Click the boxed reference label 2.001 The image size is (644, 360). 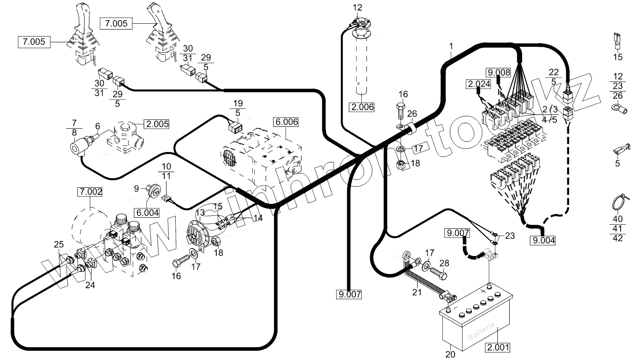[498, 347]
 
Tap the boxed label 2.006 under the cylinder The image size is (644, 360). [363, 107]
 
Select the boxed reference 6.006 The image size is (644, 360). [285, 122]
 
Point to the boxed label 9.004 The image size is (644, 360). [544, 240]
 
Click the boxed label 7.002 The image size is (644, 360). [90, 192]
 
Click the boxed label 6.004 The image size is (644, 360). [147, 212]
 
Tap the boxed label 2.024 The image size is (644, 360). [478, 84]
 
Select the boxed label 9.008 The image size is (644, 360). [498, 73]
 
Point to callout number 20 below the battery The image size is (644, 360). [450, 354]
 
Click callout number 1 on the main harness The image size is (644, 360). [451, 46]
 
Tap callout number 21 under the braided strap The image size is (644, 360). [417, 292]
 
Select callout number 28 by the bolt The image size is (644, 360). [444, 263]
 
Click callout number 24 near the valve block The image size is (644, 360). [90, 285]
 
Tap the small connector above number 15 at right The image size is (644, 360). [617, 41]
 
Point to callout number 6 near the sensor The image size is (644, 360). [98, 126]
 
